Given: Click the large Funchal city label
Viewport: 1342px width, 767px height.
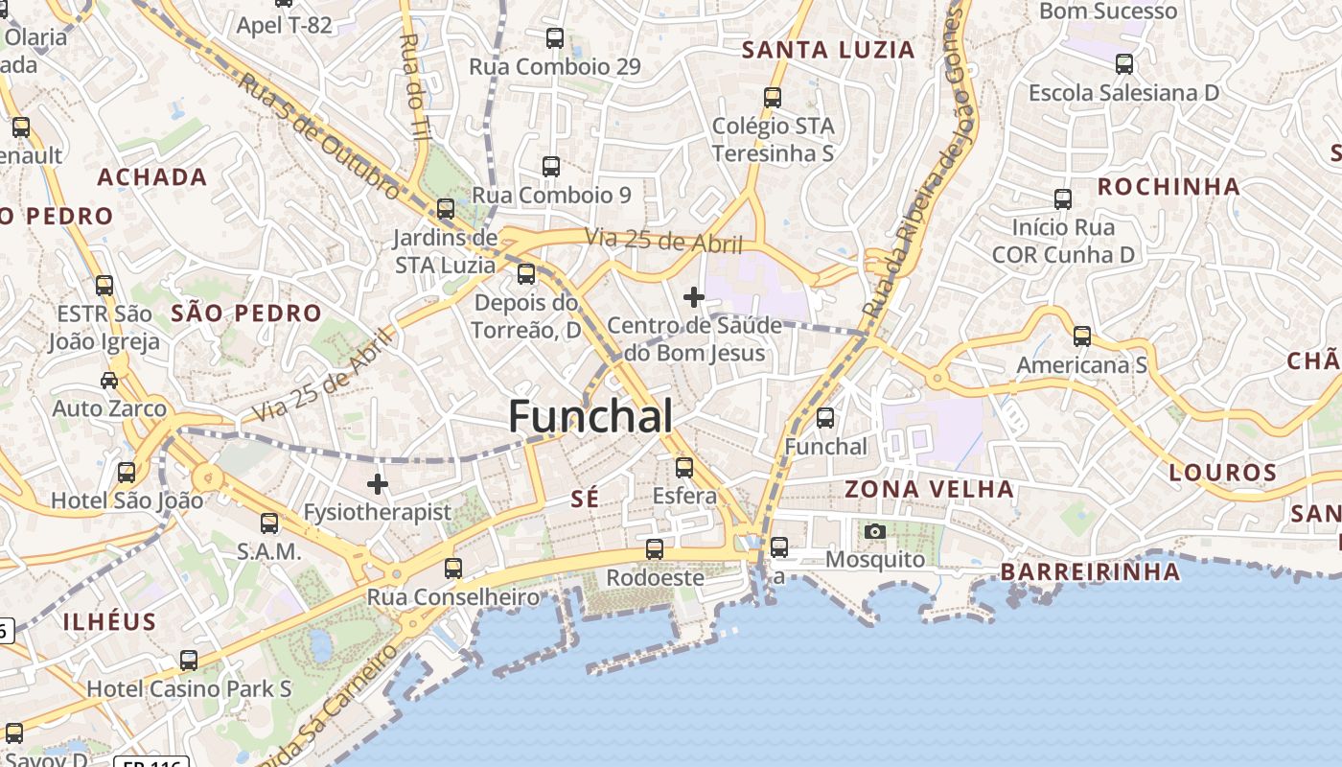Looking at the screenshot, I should (590, 416).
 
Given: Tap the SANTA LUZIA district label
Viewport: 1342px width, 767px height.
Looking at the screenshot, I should (829, 50).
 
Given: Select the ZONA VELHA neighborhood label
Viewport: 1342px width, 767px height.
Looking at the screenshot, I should (929, 489).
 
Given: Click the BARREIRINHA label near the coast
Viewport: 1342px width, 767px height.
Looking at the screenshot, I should (1090, 572).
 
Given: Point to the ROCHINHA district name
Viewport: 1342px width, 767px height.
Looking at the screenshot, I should (1168, 187).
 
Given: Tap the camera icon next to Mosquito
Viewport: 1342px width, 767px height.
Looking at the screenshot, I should (874, 531).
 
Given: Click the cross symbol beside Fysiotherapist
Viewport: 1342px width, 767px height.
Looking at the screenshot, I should (378, 484).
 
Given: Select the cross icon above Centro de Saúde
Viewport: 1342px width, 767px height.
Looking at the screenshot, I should (694, 297).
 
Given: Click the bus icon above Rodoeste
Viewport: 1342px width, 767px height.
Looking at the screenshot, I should (654, 549).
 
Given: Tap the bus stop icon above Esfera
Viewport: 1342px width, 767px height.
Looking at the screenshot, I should (683, 468).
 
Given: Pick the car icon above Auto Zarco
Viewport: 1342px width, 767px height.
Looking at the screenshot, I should (109, 381).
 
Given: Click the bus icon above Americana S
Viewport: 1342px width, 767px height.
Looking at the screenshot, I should (1082, 337).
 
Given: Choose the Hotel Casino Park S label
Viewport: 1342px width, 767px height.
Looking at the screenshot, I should (189, 688).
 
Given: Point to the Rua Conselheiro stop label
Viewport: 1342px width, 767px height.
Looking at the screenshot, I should (453, 597).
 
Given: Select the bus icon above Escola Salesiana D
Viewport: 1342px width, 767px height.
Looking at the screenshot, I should (1124, 64).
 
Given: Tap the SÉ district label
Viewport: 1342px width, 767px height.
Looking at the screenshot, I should (584, 498).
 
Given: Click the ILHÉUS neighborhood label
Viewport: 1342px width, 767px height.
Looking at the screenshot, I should (109, 621).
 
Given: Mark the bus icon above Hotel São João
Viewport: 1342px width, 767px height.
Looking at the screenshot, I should (126, 473).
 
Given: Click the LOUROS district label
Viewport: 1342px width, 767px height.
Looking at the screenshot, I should (1222, 472).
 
